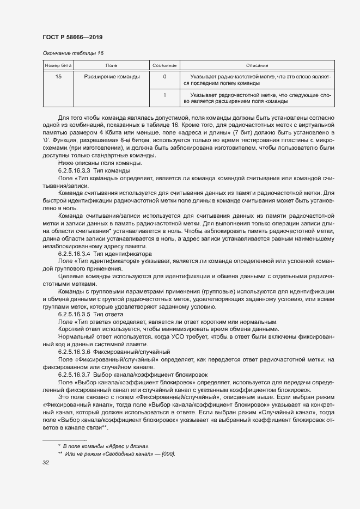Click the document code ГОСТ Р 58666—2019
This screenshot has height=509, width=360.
[72, 37]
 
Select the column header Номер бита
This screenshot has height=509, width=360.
[58, 65]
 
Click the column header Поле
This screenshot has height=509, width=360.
[112, 65]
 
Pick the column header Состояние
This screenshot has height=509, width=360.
[164, 65]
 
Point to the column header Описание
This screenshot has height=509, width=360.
[257, 65]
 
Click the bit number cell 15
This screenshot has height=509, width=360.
[58, 77]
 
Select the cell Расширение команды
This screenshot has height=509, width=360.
[112, 77]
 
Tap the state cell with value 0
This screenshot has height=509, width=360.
[164, 77]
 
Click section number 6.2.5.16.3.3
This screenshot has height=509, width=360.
[74, 171]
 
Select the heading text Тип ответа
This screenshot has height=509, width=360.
[108, 315]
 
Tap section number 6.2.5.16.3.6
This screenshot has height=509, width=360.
[74, 353]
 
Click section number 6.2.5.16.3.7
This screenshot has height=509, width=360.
[74, 375]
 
